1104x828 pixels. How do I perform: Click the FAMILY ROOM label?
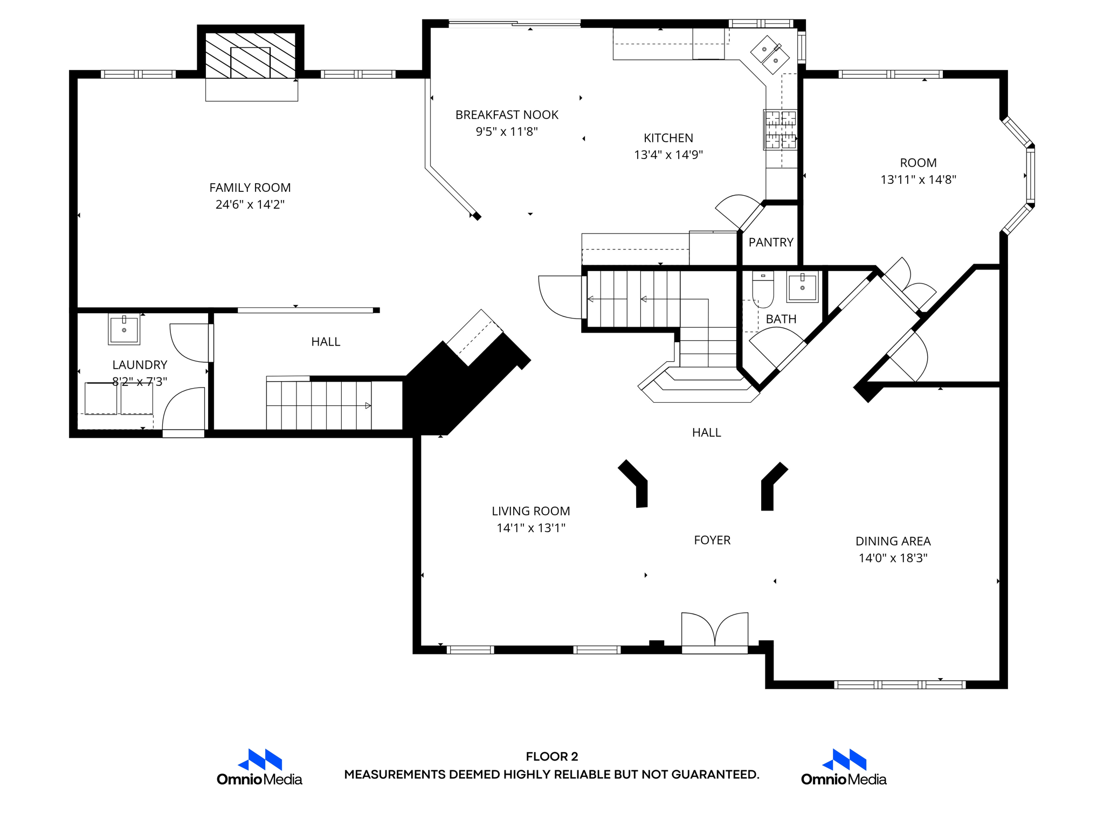click(250, 188)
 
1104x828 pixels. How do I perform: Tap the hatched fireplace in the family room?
click(251, 56)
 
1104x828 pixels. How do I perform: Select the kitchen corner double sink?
click(770, 55)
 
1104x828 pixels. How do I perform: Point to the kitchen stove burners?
click(780, 129)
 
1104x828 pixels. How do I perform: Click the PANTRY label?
click(771, 243)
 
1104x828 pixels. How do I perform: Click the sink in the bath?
click(803, 286)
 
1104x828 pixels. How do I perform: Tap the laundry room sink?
click(124, 329)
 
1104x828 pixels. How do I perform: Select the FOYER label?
click(712, 540)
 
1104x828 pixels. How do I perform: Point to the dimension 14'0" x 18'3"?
click(893, 558)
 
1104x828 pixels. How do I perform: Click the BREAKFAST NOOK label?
click(507, 115)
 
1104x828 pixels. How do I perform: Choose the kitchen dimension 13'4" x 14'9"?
click(668, 155)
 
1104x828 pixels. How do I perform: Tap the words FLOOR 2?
click(552, 756)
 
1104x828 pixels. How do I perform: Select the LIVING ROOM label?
click(531, 511)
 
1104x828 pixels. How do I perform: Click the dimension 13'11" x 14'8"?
click(919, 180)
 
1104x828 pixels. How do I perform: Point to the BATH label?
click(781, 319)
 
